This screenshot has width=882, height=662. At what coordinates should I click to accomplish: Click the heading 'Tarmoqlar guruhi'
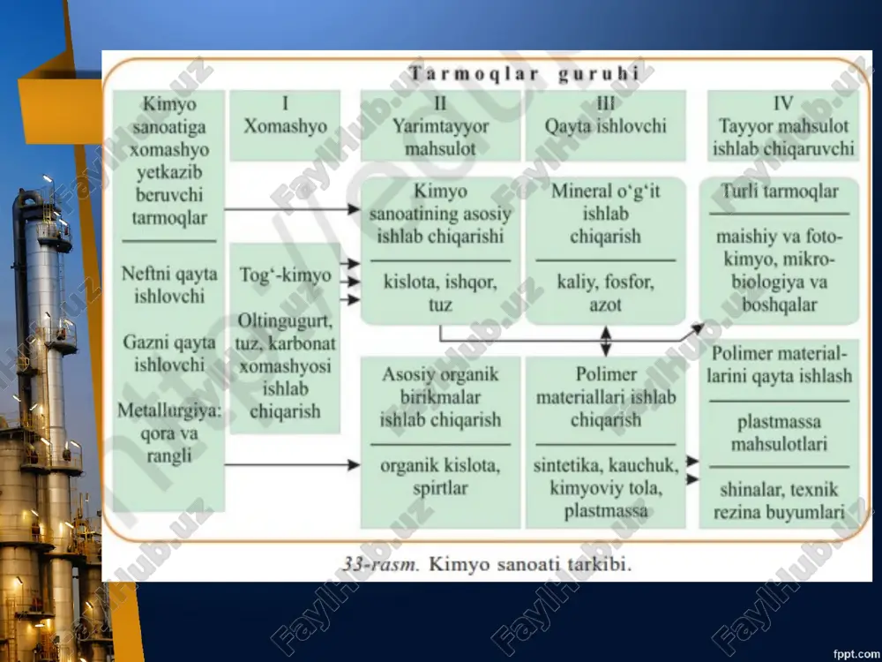(x=524, y=74)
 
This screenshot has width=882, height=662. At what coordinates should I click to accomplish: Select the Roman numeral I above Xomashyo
(x=285, y=103)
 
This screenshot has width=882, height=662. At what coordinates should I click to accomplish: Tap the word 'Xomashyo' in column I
(x=285, y=126)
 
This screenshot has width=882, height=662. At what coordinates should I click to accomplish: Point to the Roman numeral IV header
(x=783, y=103)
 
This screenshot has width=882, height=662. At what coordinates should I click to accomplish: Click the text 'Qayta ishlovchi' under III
(x=605, y=126)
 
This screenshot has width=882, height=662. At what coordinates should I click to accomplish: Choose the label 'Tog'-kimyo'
(x=285, y=275)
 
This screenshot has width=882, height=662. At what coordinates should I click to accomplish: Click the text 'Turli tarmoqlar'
(x=780, y=192)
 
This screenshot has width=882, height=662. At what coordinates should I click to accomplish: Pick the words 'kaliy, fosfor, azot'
(x=605, y=293)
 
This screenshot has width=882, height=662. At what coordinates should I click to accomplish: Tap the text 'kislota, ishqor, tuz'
(x=440, y=293)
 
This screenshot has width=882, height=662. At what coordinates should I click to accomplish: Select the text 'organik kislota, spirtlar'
(x=440, y=477)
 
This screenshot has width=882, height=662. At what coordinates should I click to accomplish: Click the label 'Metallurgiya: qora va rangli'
(x=169, y=433)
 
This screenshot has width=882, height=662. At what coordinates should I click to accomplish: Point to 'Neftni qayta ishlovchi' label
(x=169, y=285)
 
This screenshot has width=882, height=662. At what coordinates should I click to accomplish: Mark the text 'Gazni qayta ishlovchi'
(x=169, y=354)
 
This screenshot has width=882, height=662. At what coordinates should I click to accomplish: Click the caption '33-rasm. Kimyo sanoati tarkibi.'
(x=487, y=564)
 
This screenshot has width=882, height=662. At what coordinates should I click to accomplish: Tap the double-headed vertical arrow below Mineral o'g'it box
(x=606, y=341)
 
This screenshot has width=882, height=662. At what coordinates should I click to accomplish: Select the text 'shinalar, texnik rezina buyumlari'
(x=780, y=501)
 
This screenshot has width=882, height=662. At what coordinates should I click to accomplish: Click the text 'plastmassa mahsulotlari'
(x=780, y=433)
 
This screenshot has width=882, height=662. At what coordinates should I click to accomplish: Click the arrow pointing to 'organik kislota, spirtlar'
(x=292, y=465)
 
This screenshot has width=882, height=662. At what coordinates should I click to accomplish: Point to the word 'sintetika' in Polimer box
(x=567, y=465)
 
